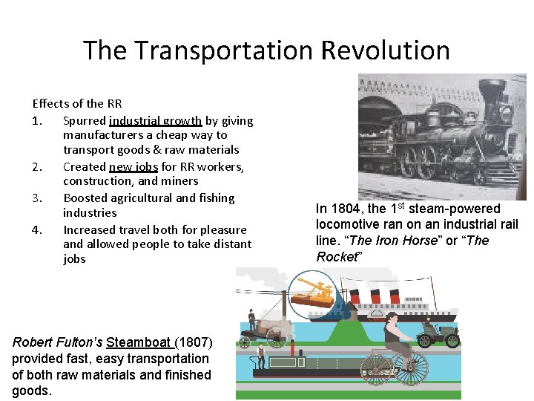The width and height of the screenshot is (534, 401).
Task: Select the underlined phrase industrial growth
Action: click(155, 120)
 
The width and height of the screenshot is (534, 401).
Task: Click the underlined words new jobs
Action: click(133, 166)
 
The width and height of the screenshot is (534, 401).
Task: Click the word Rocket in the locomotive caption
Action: click(338, 257)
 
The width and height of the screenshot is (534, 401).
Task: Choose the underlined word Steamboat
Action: click(139, 342)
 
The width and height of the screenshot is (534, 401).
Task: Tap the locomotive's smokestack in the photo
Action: click(492, 94)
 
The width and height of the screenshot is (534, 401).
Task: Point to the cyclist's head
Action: click(392, 320)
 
